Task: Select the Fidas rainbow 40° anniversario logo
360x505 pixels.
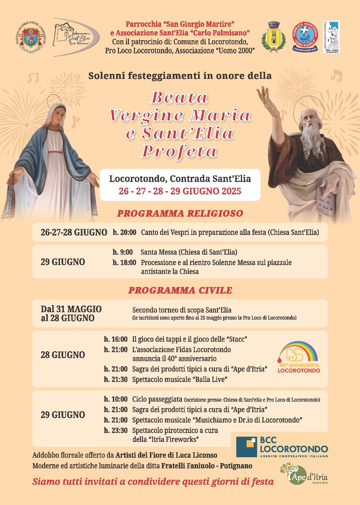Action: tap(298, 357)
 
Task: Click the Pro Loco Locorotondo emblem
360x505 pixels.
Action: tap(331, 37)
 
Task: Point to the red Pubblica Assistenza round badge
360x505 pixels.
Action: tap(305, 37)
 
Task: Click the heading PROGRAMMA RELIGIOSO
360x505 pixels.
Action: tap(180, 213)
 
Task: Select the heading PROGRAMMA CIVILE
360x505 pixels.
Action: tap(180, 290)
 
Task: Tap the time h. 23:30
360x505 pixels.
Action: tap(116, 430)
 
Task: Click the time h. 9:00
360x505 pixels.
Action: tap(123, 252)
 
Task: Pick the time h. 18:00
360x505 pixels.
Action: tap(124, 262)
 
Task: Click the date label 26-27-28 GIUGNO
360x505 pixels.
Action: tap(74, 232)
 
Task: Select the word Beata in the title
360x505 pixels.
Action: tap(179, 98)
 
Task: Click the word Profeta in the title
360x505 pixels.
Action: tap(179, 151)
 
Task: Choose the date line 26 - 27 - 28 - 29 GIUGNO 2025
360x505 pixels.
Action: tap(180, 191)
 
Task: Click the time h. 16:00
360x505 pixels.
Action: tap(116, 339)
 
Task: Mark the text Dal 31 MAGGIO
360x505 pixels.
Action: tap(71, 309)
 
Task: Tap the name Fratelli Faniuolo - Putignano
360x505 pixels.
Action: tap(207, 466)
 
